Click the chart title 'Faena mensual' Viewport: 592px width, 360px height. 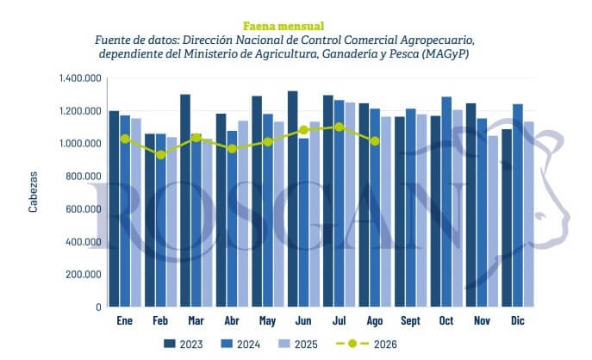pos(284,26)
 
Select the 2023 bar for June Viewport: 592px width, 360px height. pos(293,198)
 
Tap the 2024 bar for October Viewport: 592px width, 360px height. pos(446,202)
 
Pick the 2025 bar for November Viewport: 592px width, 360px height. pos(493,221)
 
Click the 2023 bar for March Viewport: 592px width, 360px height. pos(185,201)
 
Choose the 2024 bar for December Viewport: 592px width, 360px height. pos(518,205)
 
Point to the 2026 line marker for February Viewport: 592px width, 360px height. pos(161,155)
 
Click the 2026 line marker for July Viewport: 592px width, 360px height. pos(339,127)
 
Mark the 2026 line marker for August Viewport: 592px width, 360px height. pos(375,141)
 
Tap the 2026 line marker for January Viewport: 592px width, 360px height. pos(125,139)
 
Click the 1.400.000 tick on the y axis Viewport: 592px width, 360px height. pos(80,78)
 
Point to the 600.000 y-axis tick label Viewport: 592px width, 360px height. pos(84,208)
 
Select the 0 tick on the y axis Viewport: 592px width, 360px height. pos(98,307)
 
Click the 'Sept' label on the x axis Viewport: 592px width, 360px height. pos(410,320)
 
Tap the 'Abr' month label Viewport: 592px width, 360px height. pos(232,320)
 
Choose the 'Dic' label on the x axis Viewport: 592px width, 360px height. pos(518,320)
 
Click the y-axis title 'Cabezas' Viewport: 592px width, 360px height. pos(34,192)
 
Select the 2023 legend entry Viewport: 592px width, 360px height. pos(184,344)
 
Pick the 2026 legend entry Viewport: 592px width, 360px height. pos(366,344)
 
